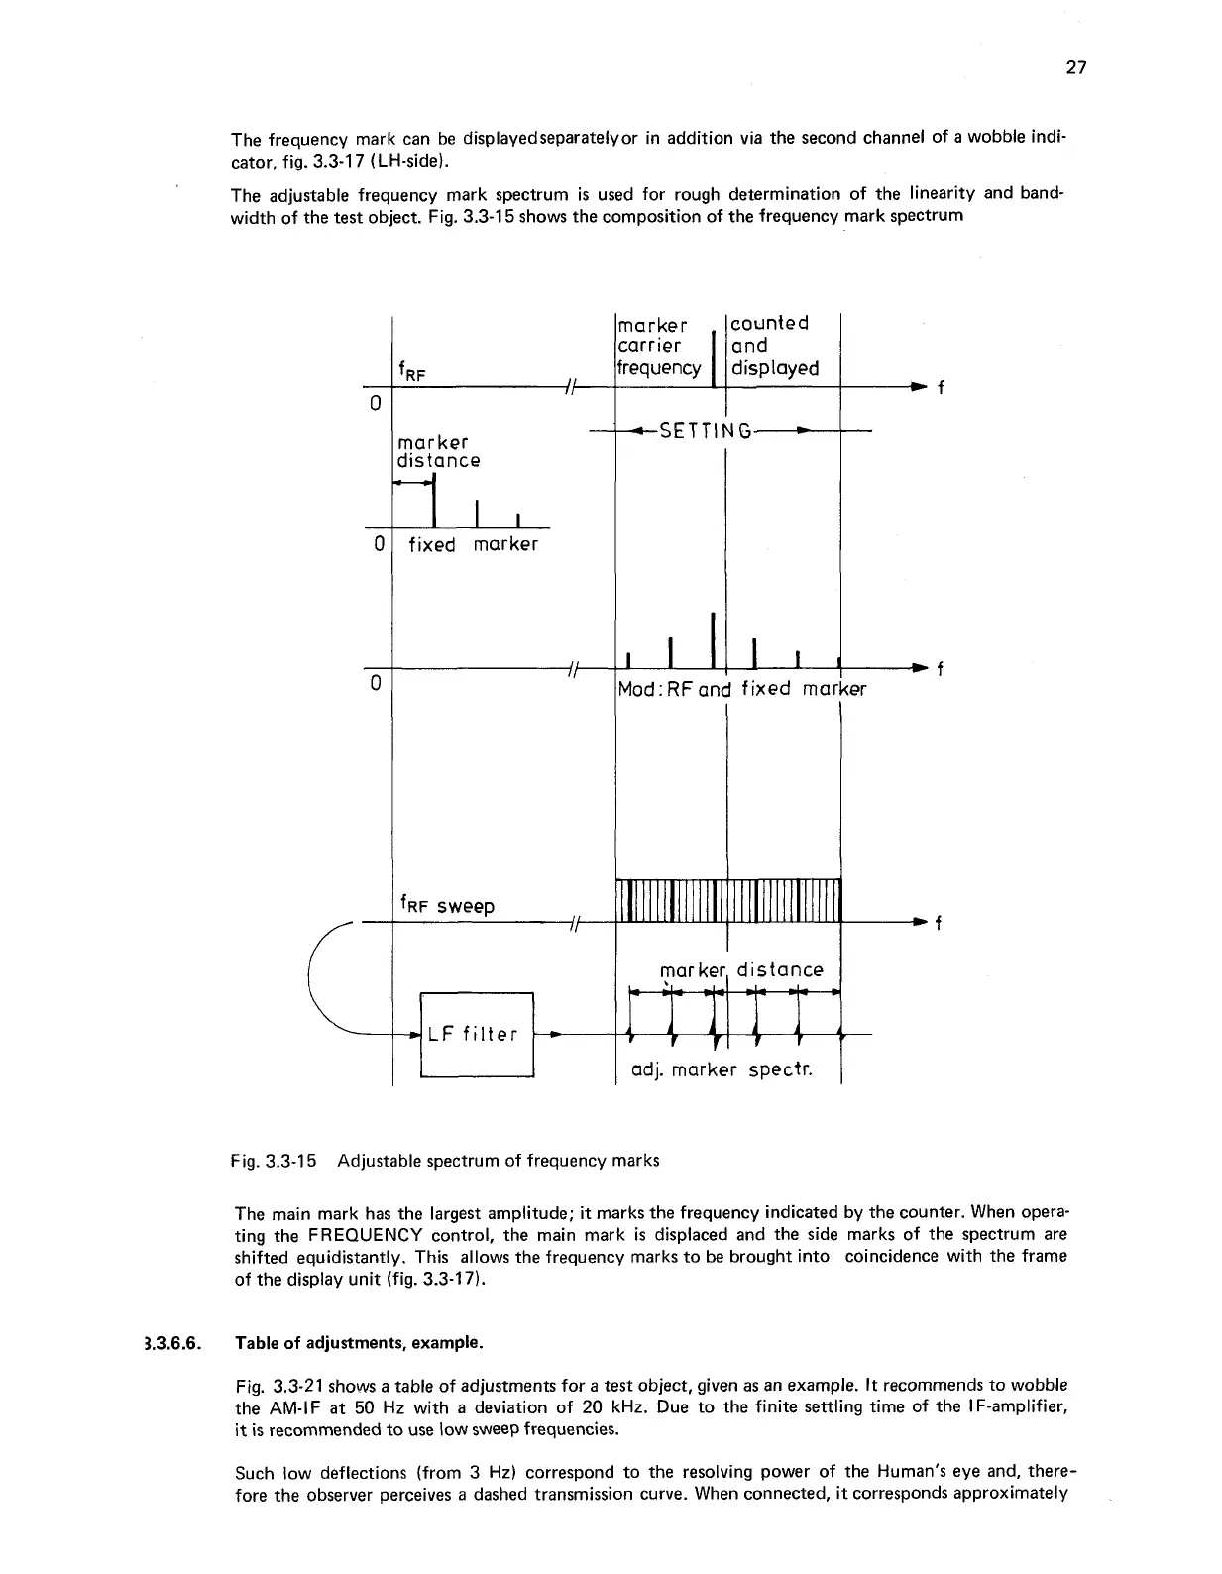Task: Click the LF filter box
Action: point(477,1034)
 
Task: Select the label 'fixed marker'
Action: point(473,544)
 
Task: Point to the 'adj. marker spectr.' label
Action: point(722,1070)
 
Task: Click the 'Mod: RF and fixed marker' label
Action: point(740,688)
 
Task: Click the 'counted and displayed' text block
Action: point(774,345)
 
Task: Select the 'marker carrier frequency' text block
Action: point(658,345)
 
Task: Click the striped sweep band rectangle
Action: point(728,899)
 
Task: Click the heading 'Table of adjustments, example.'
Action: point(359,1344)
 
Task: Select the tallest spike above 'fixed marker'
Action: point(434,503)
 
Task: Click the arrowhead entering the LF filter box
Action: point(414,1034)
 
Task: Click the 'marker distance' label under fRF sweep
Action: point(740,969)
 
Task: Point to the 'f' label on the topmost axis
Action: point(940,388)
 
